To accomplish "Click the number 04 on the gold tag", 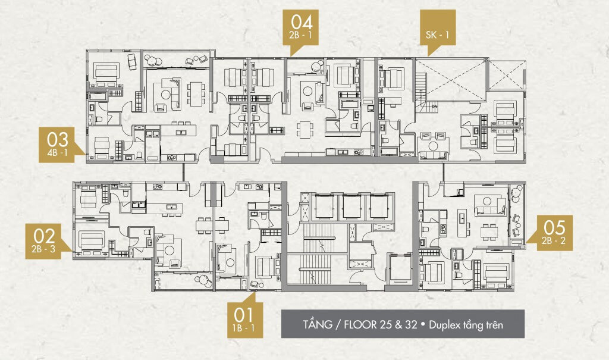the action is coord(302,22).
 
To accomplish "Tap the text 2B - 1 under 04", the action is coord(300,35).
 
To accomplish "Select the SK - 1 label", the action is coord(437,35).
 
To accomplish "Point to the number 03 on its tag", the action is coord(58,140).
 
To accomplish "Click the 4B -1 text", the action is coord(58,152).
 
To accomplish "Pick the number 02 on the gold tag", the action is coord(44,236).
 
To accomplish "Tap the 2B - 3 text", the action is coord(43,249).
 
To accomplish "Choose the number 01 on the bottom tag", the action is coord(243,315).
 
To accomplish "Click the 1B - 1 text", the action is coord(243,328).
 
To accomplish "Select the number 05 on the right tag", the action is coord(554,228).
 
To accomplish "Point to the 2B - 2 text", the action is coord(554,240).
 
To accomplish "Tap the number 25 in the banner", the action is coord(385,324).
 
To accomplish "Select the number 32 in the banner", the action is coord(410,324).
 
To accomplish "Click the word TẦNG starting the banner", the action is coord(318,324).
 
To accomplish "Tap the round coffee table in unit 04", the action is coord(308,91).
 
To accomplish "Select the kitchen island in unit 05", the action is coord(462,223).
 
